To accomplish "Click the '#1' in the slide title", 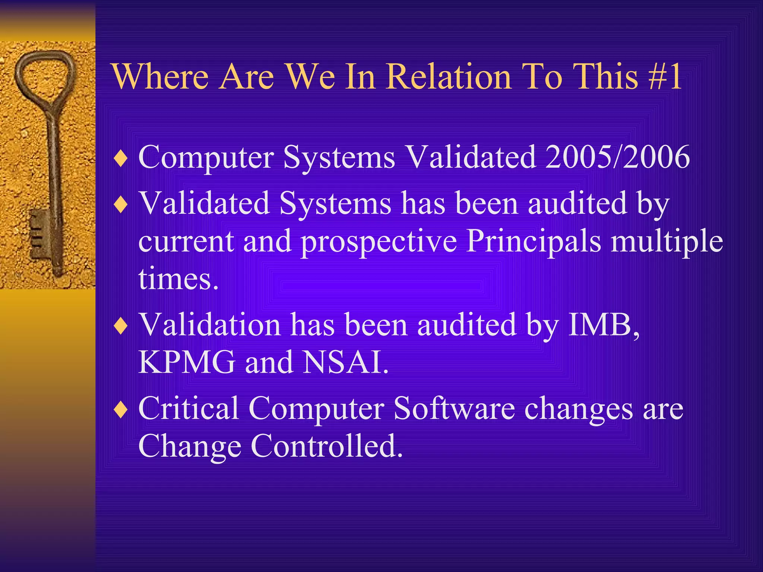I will point(664,77).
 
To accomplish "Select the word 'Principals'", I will point(533,241).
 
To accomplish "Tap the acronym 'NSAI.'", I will point(346,362).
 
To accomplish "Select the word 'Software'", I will point(454,409).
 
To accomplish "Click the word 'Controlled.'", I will point(326,446).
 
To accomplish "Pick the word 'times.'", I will point(178,279).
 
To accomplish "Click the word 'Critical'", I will point(189,409).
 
